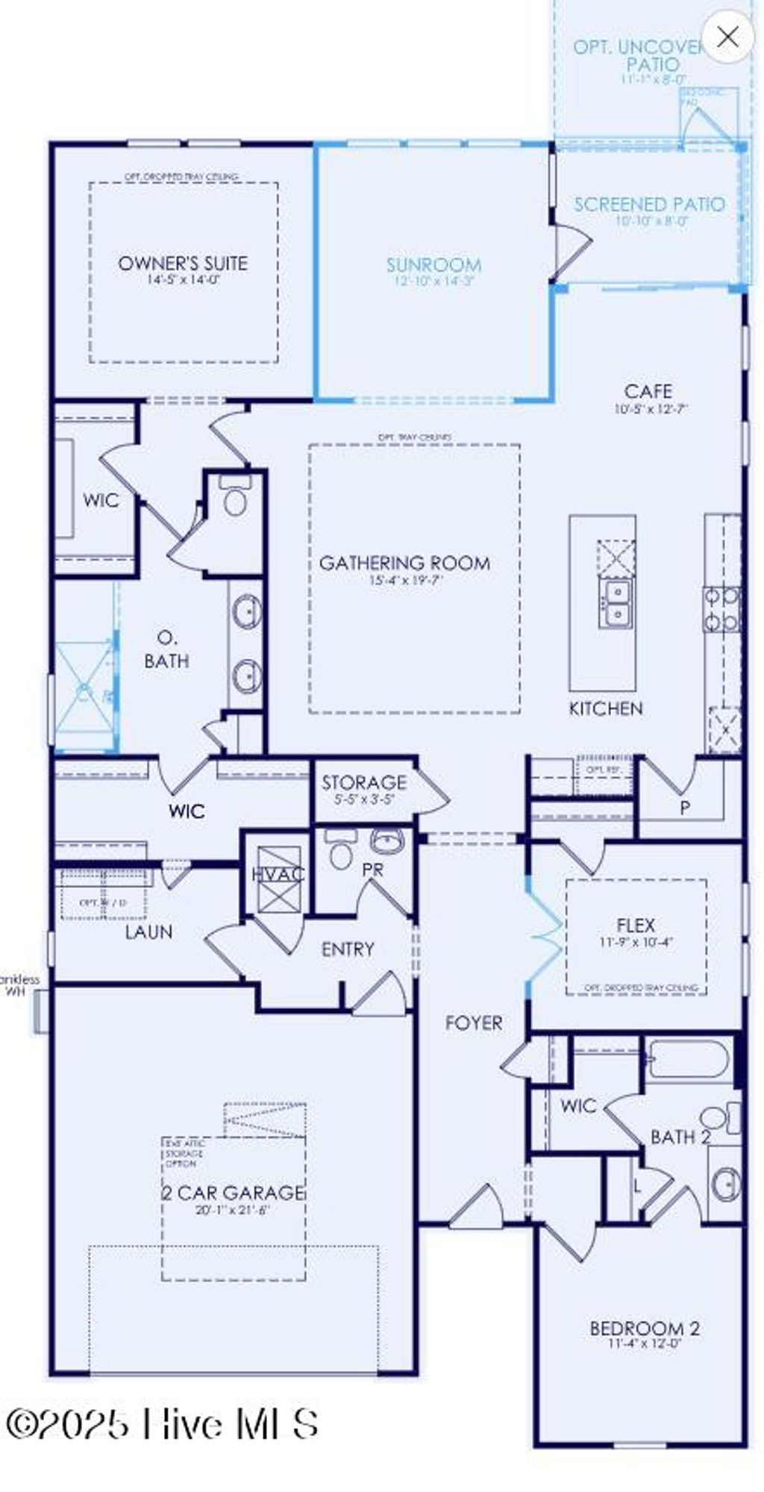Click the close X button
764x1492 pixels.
click(727, 36)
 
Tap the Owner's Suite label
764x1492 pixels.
click(183, 263)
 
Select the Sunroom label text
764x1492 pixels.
click(433, 265)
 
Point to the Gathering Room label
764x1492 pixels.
click(405, 563)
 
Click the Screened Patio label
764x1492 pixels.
click(649, 205)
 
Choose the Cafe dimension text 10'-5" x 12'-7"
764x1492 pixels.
click(651, 409)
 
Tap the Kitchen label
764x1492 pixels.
click(606, 708)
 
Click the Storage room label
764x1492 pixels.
click(364, 783)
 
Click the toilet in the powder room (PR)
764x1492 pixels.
click(340, 852)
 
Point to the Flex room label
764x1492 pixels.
click(636, 926)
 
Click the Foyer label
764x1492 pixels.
click(474, 1023)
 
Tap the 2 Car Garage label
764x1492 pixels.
click(234, 1193)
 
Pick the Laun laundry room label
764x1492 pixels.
click(148, 931)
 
